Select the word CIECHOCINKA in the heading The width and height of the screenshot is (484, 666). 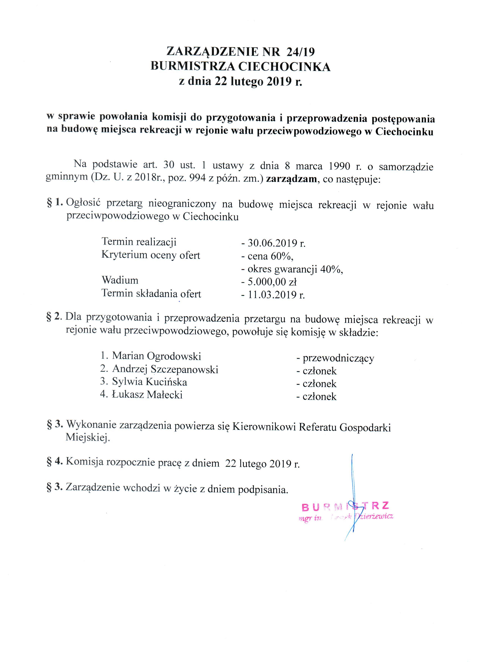tap(284, 67)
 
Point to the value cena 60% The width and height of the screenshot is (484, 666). tap(270, 256)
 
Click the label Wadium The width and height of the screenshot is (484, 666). tap(120, 280)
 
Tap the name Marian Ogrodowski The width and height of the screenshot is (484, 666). tap(156, 356)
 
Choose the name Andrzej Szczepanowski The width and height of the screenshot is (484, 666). tap(165, 369)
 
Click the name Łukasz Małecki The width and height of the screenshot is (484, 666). tap(147, 394)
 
